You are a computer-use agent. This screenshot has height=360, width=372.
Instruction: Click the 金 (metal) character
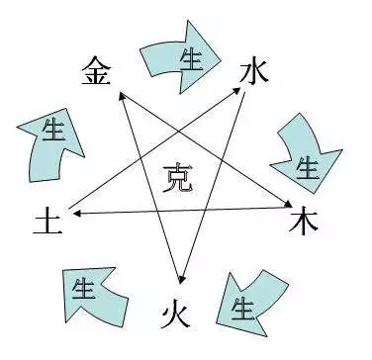pyautogui.click(x=95, y=71)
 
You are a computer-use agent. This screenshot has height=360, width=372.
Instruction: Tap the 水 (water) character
pyautogui.click(x=254, y=71)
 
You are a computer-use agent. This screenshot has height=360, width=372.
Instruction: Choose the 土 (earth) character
pyautogui.click(x=46, y=218)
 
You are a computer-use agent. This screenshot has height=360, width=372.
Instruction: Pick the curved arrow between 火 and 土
pyautogui.click(x=94, y=295)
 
